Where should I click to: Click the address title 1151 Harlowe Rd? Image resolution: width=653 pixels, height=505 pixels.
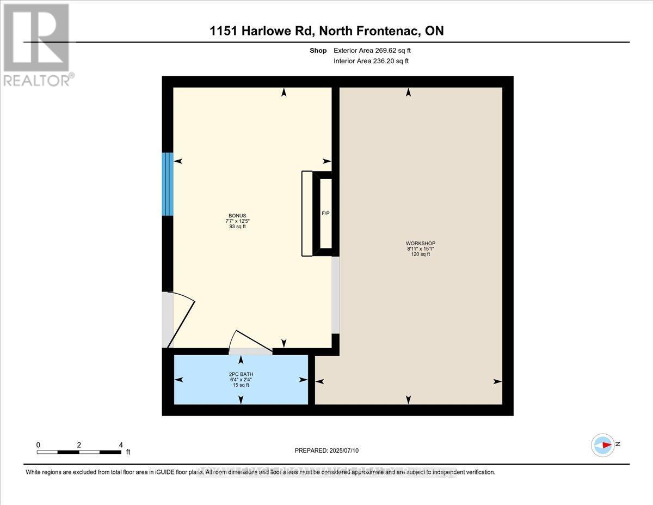326,31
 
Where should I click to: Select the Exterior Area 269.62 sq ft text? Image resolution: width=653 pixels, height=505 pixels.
376,51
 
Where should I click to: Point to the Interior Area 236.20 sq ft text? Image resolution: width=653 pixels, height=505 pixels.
371,61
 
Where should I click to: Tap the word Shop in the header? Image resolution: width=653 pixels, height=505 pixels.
318,51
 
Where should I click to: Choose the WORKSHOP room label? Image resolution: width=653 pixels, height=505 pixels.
421,243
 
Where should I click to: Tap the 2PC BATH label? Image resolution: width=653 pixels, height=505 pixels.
241,374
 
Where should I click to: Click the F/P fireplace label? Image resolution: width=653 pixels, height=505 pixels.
324,213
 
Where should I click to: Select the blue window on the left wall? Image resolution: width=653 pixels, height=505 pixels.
168,184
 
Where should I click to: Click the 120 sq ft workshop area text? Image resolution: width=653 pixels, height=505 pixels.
421,254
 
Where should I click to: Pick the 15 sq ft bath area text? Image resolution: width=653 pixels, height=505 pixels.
241,385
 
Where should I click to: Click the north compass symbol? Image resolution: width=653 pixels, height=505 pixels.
603,445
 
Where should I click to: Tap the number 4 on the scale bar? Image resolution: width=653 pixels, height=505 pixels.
121,445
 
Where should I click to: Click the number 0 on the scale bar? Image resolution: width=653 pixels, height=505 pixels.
38,445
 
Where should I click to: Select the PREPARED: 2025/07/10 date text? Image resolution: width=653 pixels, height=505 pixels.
327,451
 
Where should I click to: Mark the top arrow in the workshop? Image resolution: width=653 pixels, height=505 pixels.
408,93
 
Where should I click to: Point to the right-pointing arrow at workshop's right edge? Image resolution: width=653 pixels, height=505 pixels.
497,381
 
